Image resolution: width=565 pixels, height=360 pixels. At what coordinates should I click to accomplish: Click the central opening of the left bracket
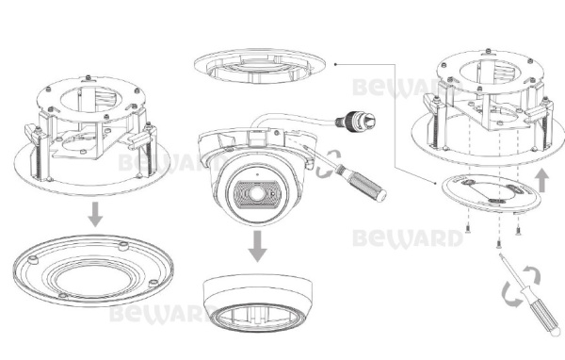(93, 104)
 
